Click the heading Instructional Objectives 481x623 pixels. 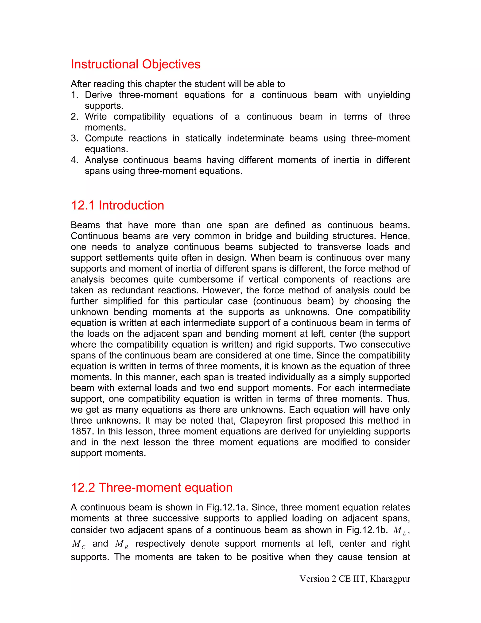[136, 64]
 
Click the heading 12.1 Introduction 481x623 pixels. [117, 205]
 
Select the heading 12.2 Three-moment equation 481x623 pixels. [151, 488]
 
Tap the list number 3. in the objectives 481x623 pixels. [75, 138]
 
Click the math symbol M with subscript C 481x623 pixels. [79, 544]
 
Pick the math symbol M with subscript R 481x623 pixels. [121, 544]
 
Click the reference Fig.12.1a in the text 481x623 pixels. [227, 508]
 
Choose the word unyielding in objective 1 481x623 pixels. [389, 95]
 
